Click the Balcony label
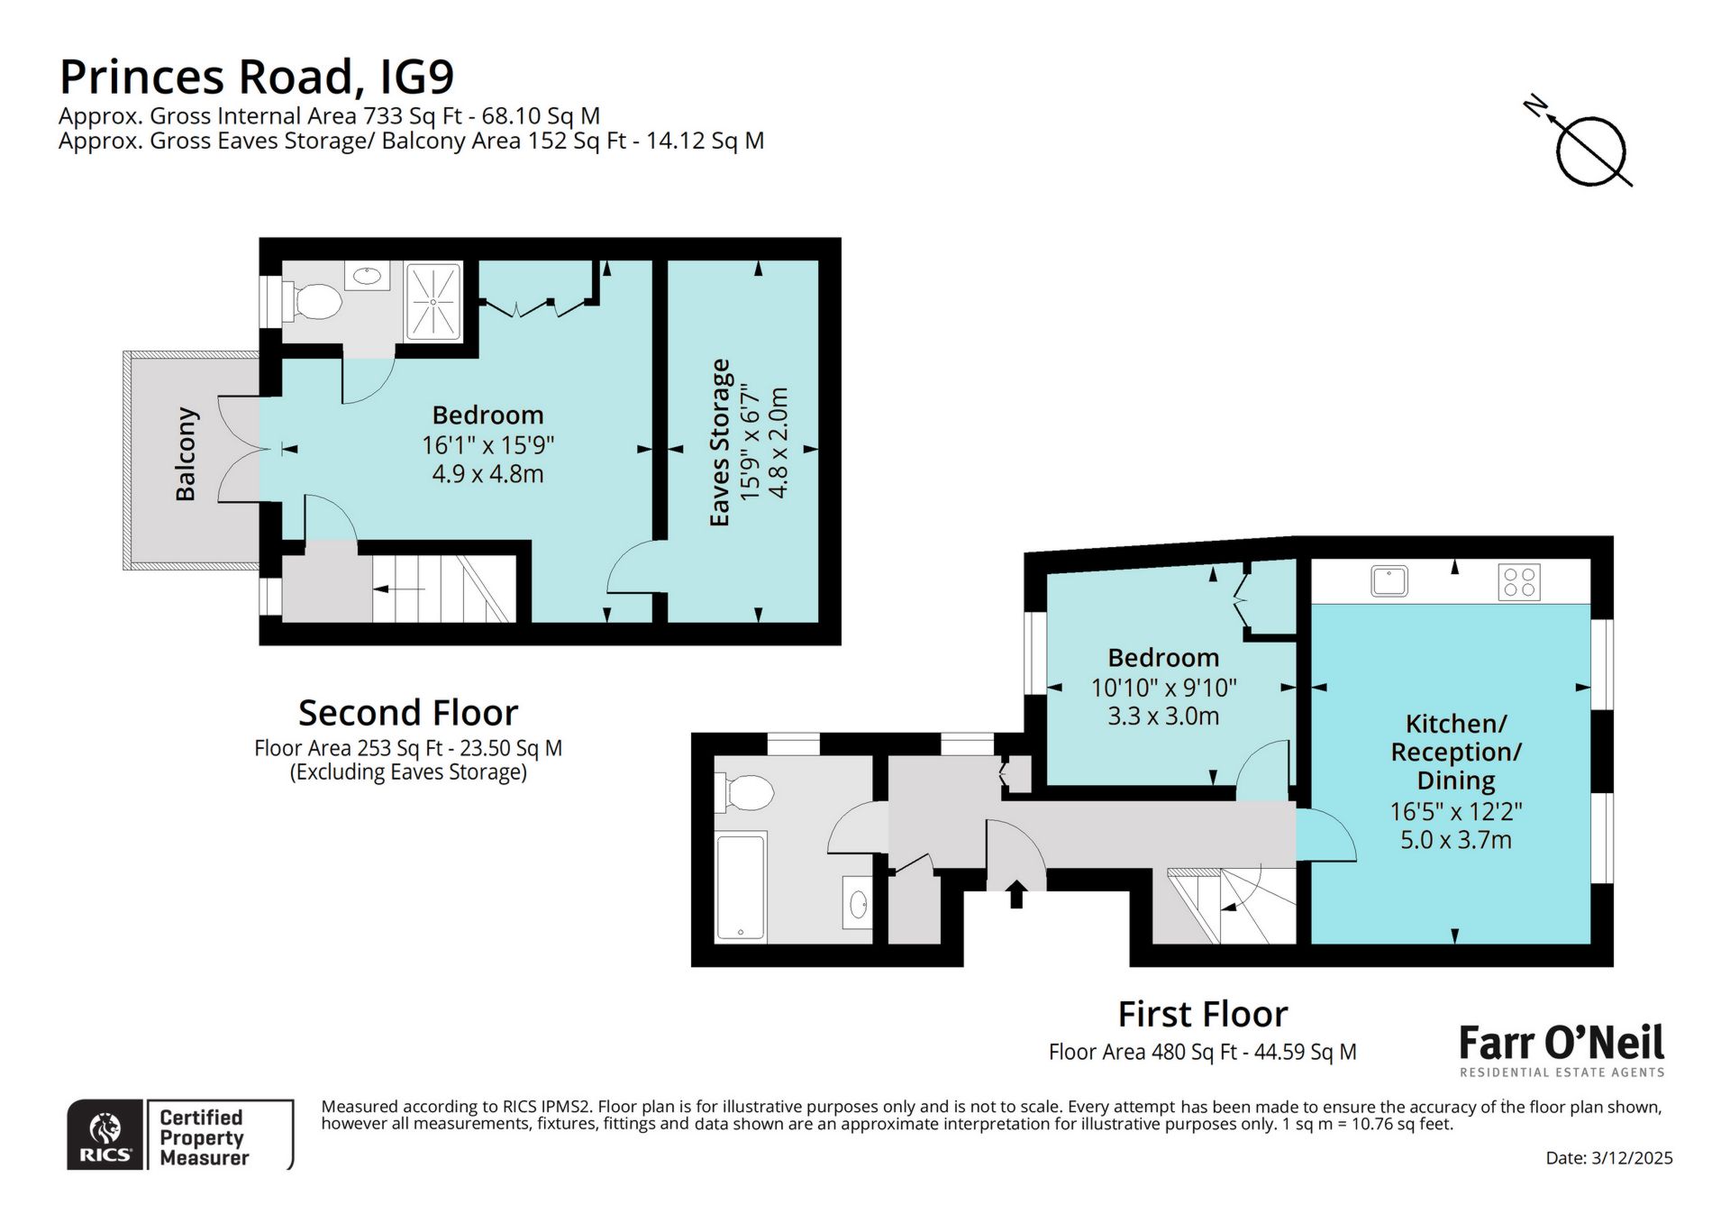point(186,453)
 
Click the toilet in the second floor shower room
point(315,302)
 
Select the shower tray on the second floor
point(433,301)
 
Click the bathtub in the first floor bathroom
point(740,887)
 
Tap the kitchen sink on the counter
point(1389,581)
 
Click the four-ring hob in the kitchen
point(1519,581)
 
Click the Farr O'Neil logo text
point(1561,1044)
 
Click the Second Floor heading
point(408,713)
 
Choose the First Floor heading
point(1202,1014)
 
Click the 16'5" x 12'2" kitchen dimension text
point(1455,811)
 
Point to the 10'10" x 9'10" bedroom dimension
point(1163,688)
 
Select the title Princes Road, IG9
point(257,77)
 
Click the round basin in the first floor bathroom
point(859,903)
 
